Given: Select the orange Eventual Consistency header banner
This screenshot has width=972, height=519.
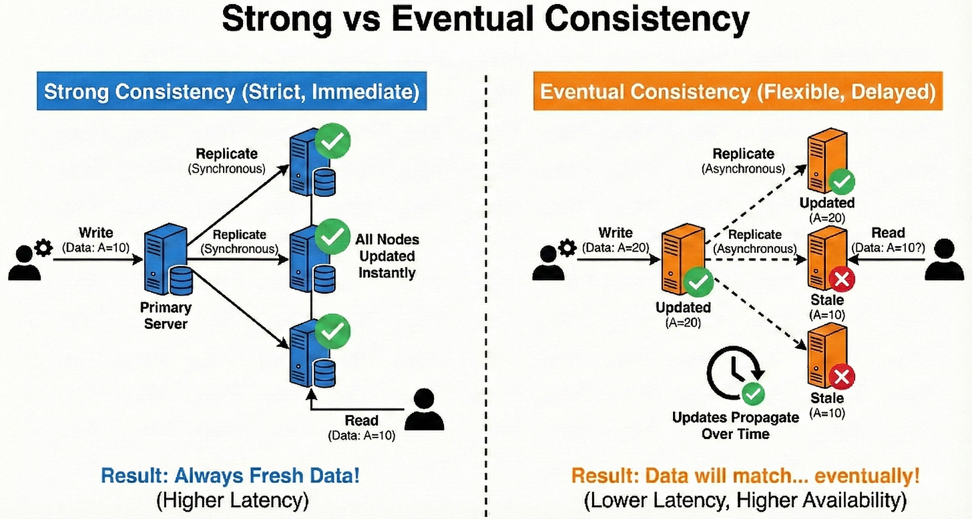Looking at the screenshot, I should [x=738, y=91].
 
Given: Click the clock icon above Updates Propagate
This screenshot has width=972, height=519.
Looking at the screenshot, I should [x=732, y=375].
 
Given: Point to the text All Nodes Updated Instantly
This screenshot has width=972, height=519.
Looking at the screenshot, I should [x=387, y=256].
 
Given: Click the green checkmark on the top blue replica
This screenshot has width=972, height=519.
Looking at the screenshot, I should [x=334, y=139].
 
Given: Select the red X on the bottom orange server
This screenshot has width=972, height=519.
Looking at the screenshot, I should [x=841, y=377].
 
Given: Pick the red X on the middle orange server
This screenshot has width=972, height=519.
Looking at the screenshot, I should [x=841, y=280].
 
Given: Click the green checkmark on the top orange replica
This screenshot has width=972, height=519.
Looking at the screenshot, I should [x=841, y=181].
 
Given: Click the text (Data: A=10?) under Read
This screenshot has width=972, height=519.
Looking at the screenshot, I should [x=888, y=247].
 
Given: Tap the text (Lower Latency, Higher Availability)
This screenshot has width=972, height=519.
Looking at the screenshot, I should [x=745, y=500].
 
